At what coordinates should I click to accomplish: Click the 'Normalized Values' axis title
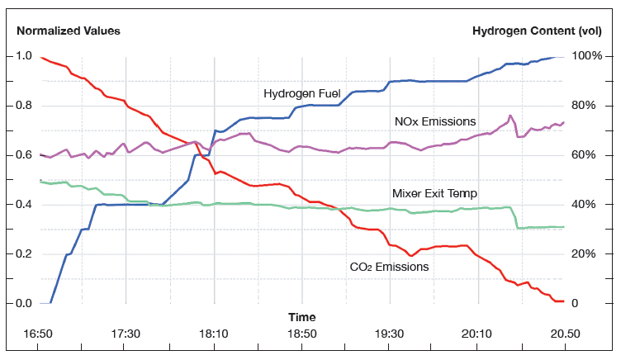tap(69, 31)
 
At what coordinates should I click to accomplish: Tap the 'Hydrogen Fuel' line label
tap(297, 93)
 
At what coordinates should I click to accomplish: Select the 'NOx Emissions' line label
tap(435, 121)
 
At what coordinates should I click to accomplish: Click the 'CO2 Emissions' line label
tap(389, 267)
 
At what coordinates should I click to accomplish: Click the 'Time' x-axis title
tap(301, 317)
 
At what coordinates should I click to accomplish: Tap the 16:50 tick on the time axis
tap(38, 334)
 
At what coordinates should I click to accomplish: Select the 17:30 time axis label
tap(126, 334)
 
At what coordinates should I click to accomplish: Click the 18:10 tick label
tap(214, 334)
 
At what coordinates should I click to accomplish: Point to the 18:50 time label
tap(301, 334)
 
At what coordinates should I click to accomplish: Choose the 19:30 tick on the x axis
tap(390, 334)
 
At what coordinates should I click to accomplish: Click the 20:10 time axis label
tap(477, 334)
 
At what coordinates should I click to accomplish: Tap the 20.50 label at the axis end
tap(565, 334)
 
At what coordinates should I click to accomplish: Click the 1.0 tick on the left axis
tap(24, 56)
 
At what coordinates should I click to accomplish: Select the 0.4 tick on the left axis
tap(24, 205)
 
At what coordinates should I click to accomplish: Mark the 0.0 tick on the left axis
tap(24, 304)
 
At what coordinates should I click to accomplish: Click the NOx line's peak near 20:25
tap(510, 116)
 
